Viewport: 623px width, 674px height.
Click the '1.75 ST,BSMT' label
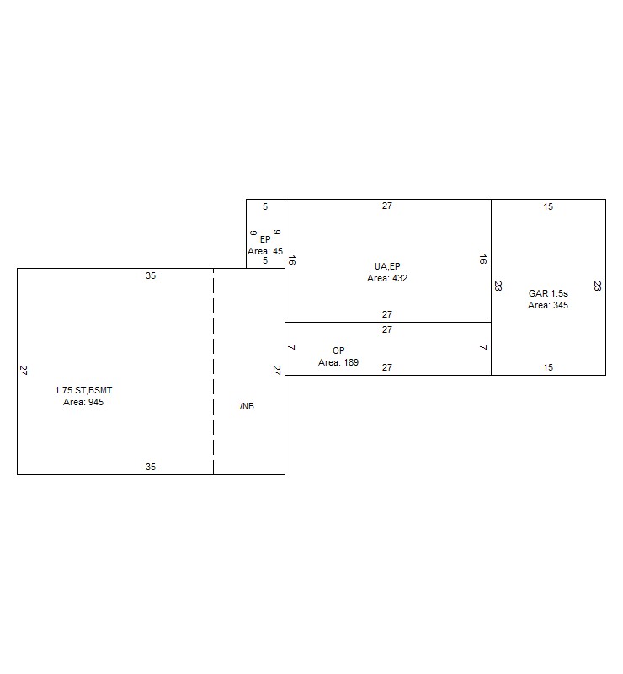(83, 390)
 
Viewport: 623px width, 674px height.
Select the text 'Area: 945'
(83, 402)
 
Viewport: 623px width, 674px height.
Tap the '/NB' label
(247, 406)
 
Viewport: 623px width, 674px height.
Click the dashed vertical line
(213, 372)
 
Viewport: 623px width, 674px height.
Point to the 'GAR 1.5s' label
(548, 293)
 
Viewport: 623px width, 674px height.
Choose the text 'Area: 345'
(548, 305)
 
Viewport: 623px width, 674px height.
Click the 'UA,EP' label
(387, 266)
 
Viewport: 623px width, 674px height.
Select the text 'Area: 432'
(387, 278)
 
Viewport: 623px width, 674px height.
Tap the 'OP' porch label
(338, 350)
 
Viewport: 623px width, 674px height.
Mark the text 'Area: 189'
(338, 362)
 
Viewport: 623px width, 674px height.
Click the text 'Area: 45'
(265, 251)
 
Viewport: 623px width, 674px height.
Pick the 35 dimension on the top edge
(151, 275)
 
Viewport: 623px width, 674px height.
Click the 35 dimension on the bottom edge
(151, 467)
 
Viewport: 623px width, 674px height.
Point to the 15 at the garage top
(548, 206)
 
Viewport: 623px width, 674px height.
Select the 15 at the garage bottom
(548, 367)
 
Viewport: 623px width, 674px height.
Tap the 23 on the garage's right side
(597, 286)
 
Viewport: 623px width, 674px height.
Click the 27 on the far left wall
(24, 370)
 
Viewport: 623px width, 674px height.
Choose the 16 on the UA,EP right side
(483, 259)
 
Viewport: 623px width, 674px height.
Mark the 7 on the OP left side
(291, 347)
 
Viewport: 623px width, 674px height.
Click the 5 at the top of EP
(265, 206)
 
